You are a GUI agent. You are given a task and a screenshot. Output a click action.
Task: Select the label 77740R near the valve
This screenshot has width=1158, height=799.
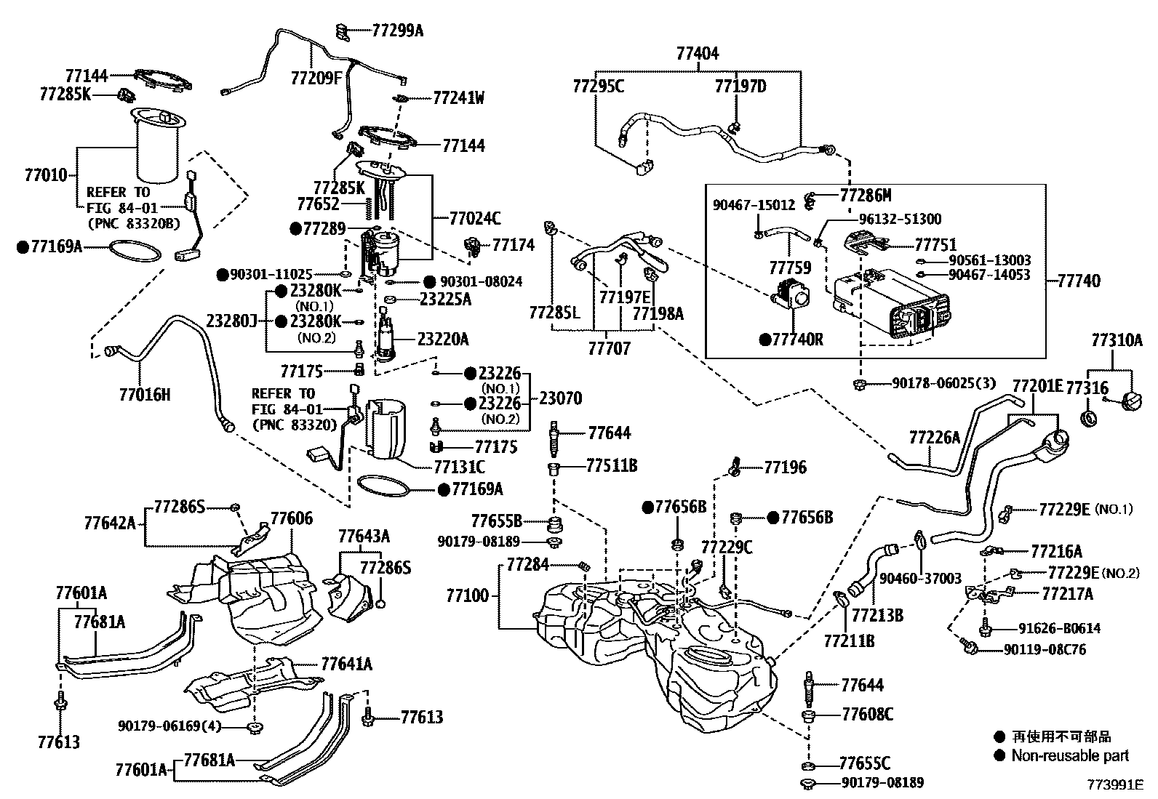pyautogui.click(x=797, y=340)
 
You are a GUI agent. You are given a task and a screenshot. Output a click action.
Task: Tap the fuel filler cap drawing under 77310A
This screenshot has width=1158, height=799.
pyautogui.click(x=1135, y=401)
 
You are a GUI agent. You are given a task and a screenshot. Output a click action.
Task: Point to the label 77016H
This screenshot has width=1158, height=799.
pyautogui.click(x=145, y=395)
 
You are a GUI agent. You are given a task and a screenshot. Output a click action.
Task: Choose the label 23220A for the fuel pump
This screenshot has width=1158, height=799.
pyautogui.click(x=443, y=339)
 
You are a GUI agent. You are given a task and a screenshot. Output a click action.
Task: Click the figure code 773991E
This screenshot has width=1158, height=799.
pyautogui.click(x=1116, y=784)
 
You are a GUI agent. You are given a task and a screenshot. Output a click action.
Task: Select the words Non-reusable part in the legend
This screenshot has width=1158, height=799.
pyautogui.click(x=1070, y=756)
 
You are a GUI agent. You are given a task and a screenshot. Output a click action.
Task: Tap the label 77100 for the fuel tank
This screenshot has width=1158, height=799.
pyautogui.click(x=468, y=596)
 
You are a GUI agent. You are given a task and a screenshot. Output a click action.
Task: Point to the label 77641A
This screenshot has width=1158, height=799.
pyautogui.click(x=347, y=663)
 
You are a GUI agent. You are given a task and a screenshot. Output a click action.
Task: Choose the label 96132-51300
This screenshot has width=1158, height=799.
pyautogui.click(x=900, y=219)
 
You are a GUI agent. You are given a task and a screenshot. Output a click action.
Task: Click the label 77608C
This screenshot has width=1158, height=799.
pyautogui.click(x=867, y=714)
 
